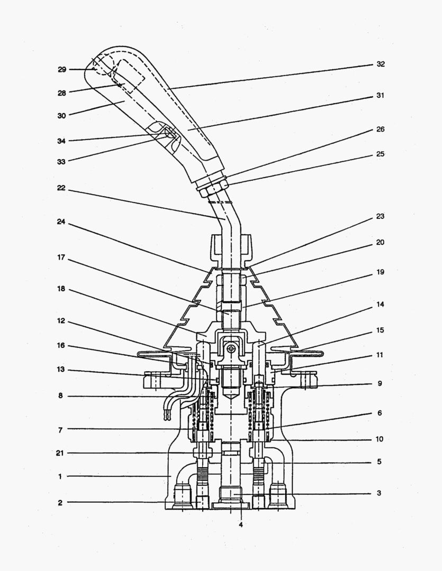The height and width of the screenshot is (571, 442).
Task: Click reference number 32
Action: click(381, 64)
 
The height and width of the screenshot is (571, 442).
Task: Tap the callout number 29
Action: click(62, 69)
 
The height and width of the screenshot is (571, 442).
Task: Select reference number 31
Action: click(381, 96)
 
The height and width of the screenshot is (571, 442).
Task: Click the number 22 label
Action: click(62, 187)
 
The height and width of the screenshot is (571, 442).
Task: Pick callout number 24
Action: click(62, 222)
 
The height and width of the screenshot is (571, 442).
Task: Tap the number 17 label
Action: click(62, 257)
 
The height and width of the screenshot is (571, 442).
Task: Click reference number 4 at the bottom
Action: click(240, 524)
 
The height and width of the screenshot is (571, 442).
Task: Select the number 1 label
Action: click(60, 476)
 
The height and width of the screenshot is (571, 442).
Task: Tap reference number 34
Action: click(62, 141)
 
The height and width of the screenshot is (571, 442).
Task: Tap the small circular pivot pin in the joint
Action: click(231, 349)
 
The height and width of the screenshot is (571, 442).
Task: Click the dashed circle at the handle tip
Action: click(100, 66)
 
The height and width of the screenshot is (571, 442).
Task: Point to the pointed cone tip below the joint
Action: click(231, 394)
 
